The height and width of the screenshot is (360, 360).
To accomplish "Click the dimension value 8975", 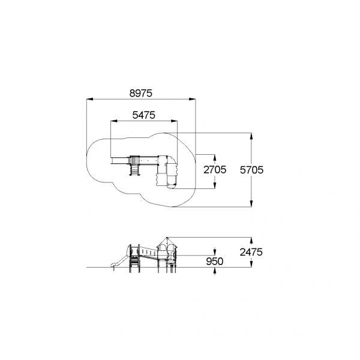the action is tap(141, 93).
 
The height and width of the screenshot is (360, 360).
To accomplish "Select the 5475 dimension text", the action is tap(144, 115).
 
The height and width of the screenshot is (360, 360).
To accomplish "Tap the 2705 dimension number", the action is tap(215, 170).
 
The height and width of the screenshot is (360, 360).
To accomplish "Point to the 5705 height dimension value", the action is tap(251, 170).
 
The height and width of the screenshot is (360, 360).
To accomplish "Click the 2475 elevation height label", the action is tap(251, 252).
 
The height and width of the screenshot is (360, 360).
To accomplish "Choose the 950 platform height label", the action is tap(214, 261).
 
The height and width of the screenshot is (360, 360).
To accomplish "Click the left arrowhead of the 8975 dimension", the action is tap(90, 99).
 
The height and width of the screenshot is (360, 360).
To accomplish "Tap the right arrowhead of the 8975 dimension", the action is tap(193, 99).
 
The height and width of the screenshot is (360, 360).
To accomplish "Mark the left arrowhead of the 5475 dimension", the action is tap(114, 121).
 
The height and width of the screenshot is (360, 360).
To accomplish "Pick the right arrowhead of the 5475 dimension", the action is tap(174, 121).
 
